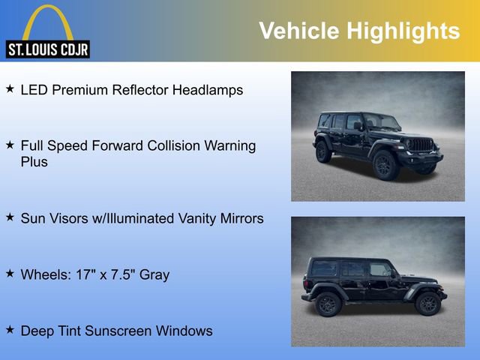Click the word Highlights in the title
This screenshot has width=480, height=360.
(x=403, y=31)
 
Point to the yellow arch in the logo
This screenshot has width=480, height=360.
(x=47, y=19)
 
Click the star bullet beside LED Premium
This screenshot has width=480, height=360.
(x=10, y=88)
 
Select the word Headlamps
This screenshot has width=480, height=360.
(x=208, y=90)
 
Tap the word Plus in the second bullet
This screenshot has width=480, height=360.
(x=34, y=162)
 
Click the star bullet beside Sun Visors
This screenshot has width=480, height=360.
(x=10, y=217)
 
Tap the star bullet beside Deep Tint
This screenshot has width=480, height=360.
(x=10, y=329)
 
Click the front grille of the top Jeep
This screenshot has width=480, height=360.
(x=421, y=144)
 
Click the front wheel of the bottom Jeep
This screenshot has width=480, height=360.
(x=427, y=304)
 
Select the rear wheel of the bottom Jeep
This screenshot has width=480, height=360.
(x=328, y=304)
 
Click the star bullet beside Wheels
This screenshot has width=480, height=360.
(x=10, y=274)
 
